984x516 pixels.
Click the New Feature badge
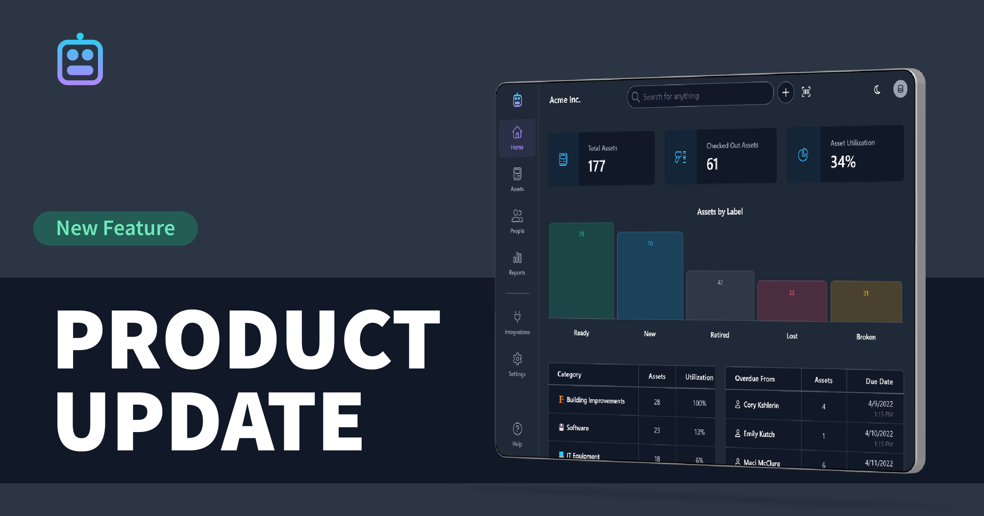tap(116, 228)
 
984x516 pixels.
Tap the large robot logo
tap(80, 59)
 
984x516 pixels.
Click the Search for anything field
tap(700, 95)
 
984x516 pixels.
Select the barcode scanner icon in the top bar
tap(806, 92)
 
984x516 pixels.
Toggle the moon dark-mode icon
tap(877, 90)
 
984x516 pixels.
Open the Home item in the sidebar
tap(517, 138)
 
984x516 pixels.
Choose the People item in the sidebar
tap(517, 222)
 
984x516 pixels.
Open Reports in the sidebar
tap(517, 263)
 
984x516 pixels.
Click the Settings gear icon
tap(517, 359)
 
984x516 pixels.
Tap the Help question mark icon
tap(517, 429)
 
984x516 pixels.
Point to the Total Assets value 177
tap(597, 166)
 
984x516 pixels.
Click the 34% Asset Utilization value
tap(843, 162)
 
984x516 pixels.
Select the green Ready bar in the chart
tap(581, 270)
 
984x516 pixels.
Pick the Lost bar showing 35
tap(792, 301)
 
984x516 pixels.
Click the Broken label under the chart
tap(866, 337)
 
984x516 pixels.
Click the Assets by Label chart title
tap(720, 212)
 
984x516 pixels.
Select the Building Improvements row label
tap(595, 401)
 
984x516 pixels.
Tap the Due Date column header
tap(879, 382)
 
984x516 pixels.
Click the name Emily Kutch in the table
tap(759, 434)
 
